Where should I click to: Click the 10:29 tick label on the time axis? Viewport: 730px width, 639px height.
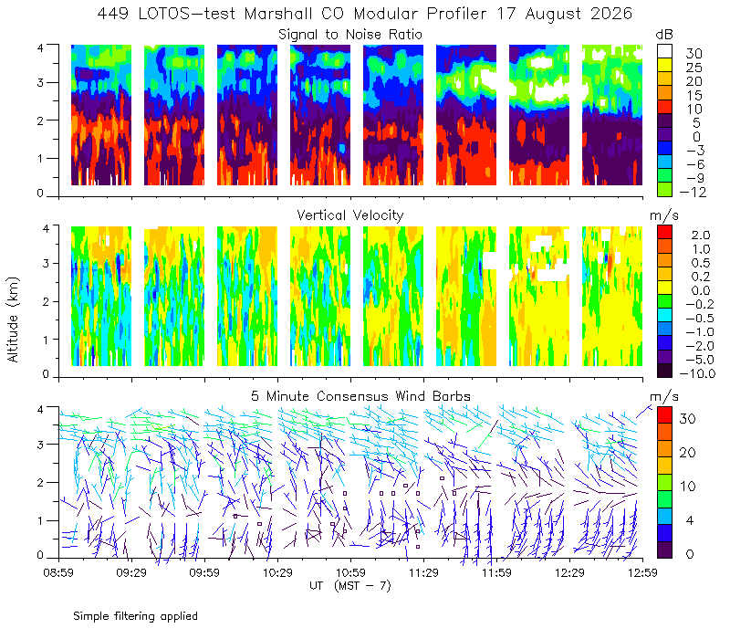[277, 572]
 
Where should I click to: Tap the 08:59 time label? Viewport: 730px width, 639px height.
[58, 572]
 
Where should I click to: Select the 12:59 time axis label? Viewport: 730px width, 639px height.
[642, 572]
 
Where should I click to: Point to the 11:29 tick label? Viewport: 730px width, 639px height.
[423, 572]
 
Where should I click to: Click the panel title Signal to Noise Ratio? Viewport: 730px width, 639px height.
[350, 35]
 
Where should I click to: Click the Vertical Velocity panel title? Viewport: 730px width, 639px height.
[350, 215]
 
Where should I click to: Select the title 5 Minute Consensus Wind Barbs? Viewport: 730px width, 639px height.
[360, 396]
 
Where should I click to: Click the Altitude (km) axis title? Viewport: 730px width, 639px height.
[13, 319]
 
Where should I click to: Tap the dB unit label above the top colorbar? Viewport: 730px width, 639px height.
[664, 35]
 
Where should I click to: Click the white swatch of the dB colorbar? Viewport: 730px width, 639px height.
[664, 51]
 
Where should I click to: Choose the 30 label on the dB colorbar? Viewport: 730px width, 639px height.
[693, 54]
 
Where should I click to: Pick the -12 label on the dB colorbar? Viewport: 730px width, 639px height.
[693, 192]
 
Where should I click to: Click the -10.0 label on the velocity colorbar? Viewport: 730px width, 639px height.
[697, 373]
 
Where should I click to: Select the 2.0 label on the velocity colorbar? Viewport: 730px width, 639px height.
[701, 236]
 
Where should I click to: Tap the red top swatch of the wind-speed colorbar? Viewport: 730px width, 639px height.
[664, 415]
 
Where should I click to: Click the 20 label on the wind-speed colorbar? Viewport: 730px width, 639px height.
[688, 452]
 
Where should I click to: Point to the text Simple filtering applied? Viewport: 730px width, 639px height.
[135, 616]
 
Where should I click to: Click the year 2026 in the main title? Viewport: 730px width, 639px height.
[611, 14]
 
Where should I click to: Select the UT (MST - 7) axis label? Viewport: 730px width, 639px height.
[350, 585]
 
